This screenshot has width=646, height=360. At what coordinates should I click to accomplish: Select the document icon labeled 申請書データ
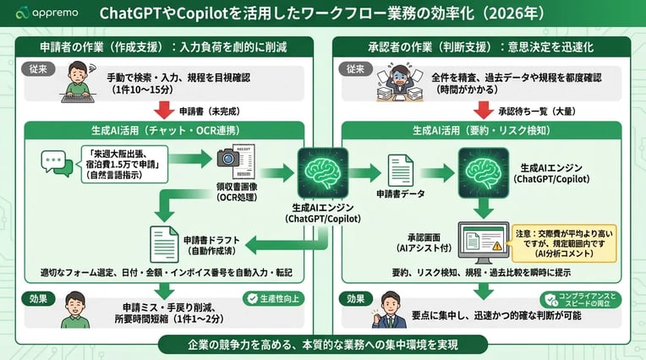click(x=399, y=172)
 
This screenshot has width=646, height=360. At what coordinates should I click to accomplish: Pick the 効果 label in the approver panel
click(x=354, y=298)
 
